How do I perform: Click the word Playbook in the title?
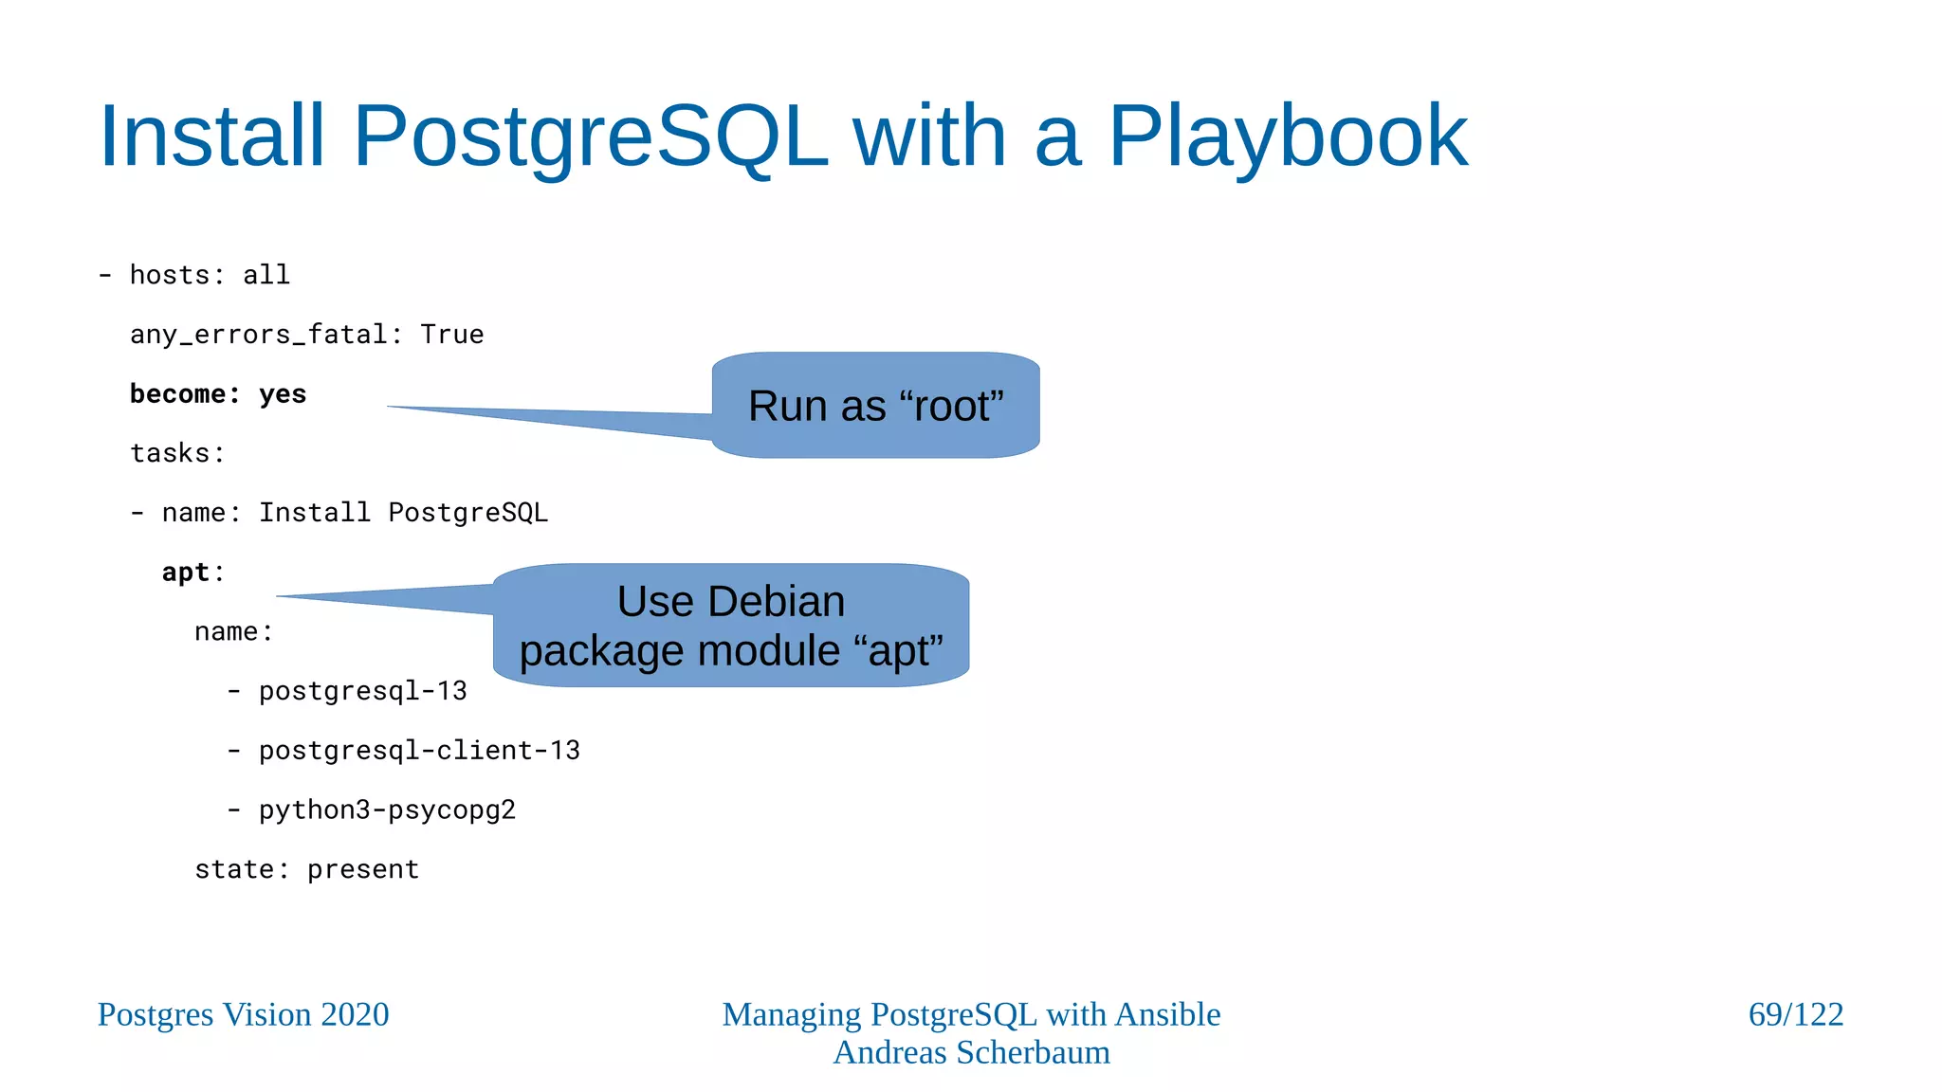tap(1287, 137)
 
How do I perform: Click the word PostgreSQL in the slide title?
tap(590, 137)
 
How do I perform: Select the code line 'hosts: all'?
tap(209, 275)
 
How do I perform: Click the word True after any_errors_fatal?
tap(451, 335)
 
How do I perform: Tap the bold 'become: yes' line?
tap(218, 394)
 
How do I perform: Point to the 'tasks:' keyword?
tap(177, 453)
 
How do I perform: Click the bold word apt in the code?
tap(185, 573)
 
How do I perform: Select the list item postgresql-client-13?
tap(418, 751)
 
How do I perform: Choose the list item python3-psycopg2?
tap(387, 810)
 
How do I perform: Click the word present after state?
tap(362, 869)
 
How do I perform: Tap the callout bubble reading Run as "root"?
tap(875, 406)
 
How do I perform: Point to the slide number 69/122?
tap(1795, 1014)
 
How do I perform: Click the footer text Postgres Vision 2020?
tap(243, 1014)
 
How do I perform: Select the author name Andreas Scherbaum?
tap(971, 1052)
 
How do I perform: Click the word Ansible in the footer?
tap(1167, 1014)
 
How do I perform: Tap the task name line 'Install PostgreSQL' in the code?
tap(403, 513)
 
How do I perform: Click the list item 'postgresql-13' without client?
tap(362, 691)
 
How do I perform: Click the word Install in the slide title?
tap(211, 137)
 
